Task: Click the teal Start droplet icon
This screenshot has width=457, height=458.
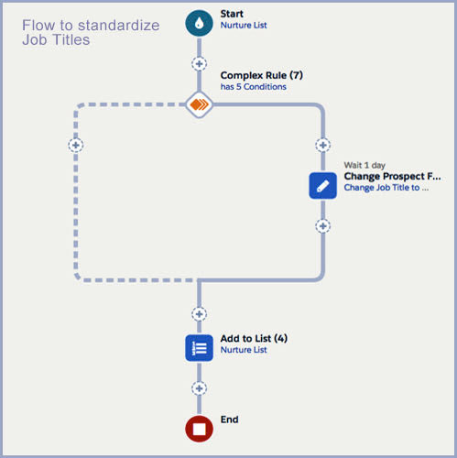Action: pos(199,23)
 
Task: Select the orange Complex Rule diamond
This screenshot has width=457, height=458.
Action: pos(199,104)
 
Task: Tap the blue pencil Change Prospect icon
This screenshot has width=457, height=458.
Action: pos(322,186)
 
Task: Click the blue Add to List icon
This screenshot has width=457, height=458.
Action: pos(199,348)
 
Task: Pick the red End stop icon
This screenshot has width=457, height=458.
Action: pos(199,429)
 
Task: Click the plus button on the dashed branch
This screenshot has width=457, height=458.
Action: pos(76,145)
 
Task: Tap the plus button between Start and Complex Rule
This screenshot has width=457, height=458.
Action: pos(199,64)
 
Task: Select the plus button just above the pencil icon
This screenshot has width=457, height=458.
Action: pos(322,145)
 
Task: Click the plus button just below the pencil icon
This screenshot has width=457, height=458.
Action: pos(322,226)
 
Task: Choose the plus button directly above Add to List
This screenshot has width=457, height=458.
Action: pos(199,314)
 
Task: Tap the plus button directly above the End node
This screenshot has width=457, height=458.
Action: pos(199,388)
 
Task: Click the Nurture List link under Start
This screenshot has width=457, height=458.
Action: pos(244,25)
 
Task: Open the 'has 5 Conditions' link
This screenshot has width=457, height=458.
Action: pos(254,87)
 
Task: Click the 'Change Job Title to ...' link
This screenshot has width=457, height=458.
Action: pos(386,188)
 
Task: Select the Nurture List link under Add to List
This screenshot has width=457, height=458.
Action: pos(244,350)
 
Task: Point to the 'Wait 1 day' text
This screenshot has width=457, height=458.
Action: pos(365,165)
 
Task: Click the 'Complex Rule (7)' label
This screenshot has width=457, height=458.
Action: pos(262,75)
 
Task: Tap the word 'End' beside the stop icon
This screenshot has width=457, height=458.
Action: pos(229,420)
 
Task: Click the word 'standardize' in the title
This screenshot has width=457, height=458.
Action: pos(119,26)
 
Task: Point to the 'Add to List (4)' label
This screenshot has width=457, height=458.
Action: pos(254,338)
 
